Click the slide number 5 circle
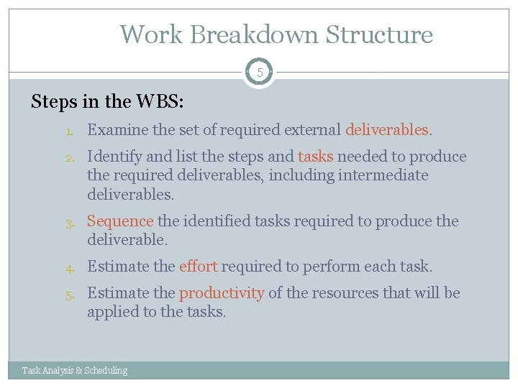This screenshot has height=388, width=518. pos(259,73)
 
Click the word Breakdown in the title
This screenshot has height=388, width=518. pos(249,34)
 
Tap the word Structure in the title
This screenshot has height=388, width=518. pos(379,34)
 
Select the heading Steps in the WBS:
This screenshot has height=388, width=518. pos(107,101)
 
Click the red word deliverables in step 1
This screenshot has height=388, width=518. pos(386,130)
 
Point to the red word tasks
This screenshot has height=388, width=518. pos(315,157)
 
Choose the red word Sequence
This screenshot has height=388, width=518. pos(120,221)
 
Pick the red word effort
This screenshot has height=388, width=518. pos(198,267)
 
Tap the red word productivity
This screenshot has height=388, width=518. pos(222,293)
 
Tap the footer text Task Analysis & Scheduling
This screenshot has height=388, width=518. pos(75,371)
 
